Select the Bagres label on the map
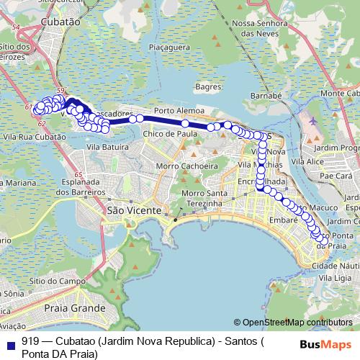207,86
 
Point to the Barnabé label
265,94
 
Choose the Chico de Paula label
171,133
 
